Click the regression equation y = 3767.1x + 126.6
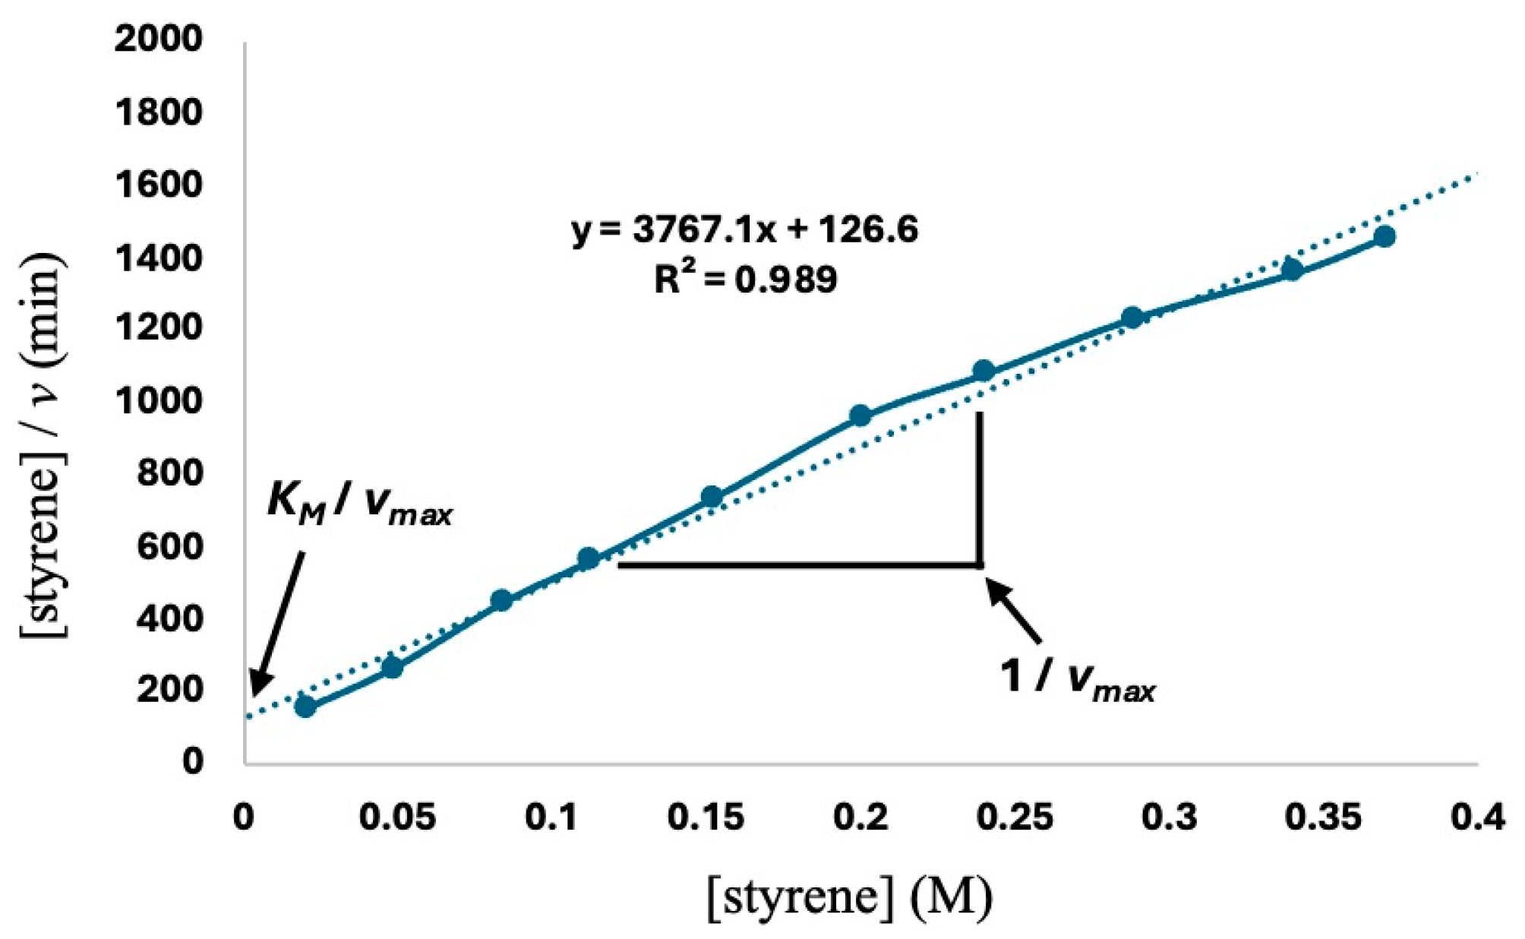pos(744,229)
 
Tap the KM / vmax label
pos(359,504)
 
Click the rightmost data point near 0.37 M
pos(1384,237)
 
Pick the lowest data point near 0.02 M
pos(305,707)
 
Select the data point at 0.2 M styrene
pos(860,416)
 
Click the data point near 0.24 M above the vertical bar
pos(984,371)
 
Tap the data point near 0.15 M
pos(711,497)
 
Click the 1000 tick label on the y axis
pos(159,400)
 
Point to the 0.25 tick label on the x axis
pos(1015,817)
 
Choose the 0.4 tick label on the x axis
pos(1477,817)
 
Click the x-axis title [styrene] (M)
pos(849,896)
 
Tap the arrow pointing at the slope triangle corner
pos(1014,612)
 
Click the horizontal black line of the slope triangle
pos(797,565)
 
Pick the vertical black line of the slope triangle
pos(980,486)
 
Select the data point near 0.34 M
pos(1292,270)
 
